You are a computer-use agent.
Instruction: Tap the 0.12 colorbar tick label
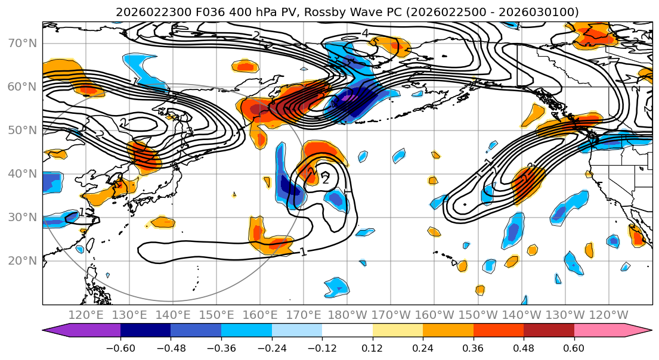pyautogui.click(x=373, y=347)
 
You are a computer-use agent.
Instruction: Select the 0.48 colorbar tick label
pyautogui.click(x=524, y=347)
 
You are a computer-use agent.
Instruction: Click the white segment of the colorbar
pyautogui.click(x=347, y=331)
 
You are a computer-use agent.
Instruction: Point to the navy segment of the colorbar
pyautogui.click(x=146, y=331)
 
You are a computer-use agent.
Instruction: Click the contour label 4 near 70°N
pyautogui.click(x=365, y=33)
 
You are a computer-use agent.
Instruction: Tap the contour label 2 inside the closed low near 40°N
pyautogui.click(x=325, y=178)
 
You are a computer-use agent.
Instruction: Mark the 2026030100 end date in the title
pyautogui.click(x=543, y=12)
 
